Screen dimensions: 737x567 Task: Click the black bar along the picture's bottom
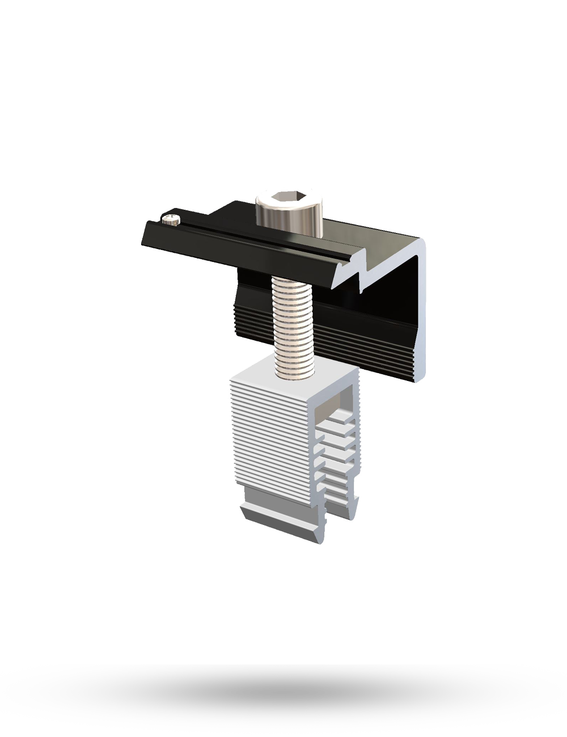[283, 700]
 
